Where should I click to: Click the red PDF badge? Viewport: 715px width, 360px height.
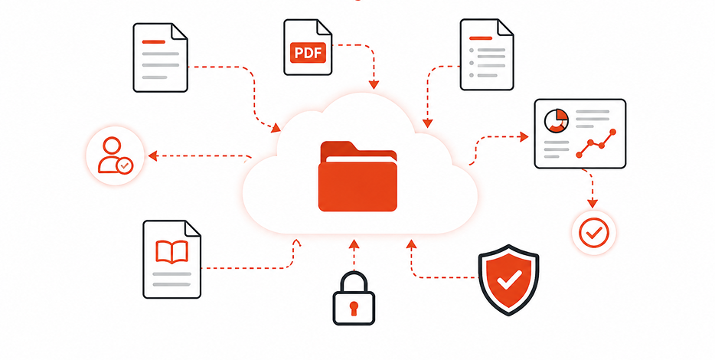pos(308,53)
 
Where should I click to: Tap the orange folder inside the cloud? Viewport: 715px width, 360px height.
pos(357,176)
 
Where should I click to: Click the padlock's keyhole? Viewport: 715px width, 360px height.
pos(354,308)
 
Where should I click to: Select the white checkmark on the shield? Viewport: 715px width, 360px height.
pos(509,280)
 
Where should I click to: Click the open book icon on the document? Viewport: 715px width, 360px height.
pos(172,252)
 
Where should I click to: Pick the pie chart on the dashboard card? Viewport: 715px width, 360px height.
pos(557,121)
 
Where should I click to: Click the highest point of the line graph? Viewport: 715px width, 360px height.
pos(612,132)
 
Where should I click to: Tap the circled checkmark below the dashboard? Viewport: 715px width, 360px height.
pos(594,233)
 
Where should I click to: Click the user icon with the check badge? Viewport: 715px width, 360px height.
pos(116,156)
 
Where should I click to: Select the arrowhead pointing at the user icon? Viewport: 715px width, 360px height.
pos(153,155)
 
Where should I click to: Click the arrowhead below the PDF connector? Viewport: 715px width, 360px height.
pos(374,85)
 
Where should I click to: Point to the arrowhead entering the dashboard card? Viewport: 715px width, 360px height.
pos(524,136)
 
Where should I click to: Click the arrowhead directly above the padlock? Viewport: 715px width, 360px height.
pos(354,244)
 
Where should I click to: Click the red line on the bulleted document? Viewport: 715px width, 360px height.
pos(481,38)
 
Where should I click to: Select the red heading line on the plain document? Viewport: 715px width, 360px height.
pos(153,41)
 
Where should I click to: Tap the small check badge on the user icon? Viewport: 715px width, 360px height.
pos(124,165)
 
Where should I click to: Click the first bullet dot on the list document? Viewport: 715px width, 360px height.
pos(472,50)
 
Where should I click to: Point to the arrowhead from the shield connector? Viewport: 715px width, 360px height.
pos(412,244)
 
